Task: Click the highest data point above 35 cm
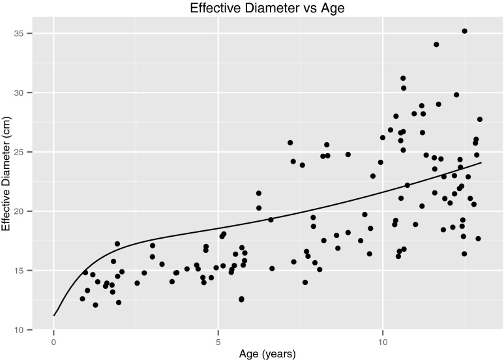[x=464, y=31]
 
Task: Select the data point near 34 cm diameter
[x=436, y=44]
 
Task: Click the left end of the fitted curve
[x=54, y=316]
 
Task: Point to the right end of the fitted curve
[x=481, y=162]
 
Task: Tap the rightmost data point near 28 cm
[x=480, y=119]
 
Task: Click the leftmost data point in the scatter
[x=82, y=299]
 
